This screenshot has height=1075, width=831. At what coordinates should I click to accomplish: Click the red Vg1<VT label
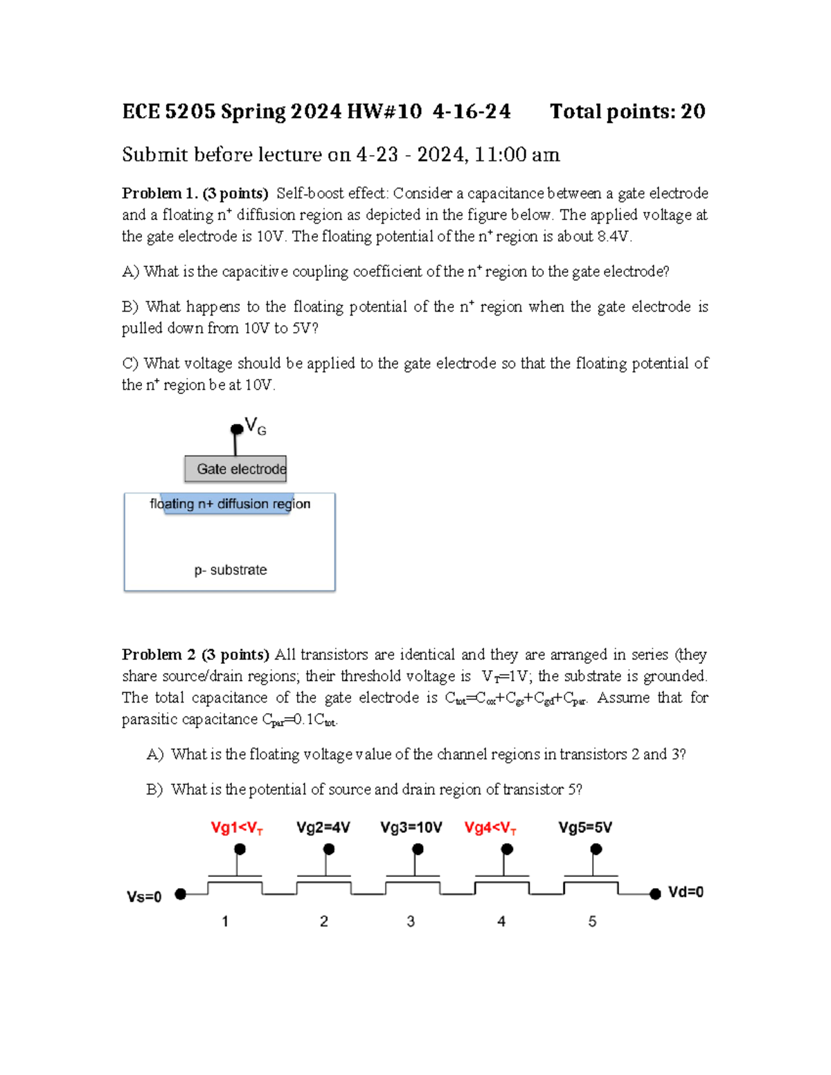(236, 828)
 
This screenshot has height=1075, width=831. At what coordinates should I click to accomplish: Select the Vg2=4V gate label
(323, 827)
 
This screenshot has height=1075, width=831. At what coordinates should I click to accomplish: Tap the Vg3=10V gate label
(411, 827)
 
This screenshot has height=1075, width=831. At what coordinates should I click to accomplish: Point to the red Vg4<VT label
(490, 828)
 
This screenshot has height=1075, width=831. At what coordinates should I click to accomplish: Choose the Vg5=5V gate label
(585, 827)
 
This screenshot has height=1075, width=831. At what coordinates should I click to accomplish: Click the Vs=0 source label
(144, 896)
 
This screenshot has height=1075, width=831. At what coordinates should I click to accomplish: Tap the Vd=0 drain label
(686, 892)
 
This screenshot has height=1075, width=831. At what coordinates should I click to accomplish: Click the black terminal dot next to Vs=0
(181, 894)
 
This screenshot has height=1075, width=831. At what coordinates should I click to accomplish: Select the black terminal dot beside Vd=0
(655, 894)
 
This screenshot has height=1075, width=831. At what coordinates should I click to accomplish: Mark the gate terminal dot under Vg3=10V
(418, 849)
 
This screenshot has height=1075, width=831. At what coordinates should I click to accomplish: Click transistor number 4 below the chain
(501, 921)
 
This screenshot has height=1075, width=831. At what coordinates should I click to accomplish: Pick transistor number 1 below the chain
(225, 921)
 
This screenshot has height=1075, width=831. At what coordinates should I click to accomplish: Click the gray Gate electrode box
(235, 469)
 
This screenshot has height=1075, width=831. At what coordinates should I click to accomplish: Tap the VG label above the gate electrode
(256, 426)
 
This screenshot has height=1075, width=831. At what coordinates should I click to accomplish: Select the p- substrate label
(230, 570)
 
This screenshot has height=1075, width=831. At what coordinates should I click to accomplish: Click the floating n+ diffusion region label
(230, 504)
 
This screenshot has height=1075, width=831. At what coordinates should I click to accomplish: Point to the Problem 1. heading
(160, 193)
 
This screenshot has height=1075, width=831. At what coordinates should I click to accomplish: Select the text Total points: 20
(627, 111)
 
